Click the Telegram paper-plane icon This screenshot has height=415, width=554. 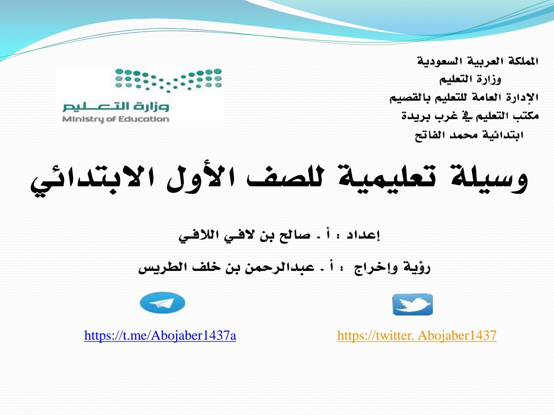[162, 303]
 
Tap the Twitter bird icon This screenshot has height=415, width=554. [412, 305]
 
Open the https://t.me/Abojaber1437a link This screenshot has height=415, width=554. [160, 335]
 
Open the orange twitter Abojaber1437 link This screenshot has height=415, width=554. [417, 335]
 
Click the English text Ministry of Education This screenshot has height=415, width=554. [115, 119]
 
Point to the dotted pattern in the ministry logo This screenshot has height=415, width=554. [169, 80]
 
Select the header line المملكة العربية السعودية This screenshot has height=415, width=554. [477, 61]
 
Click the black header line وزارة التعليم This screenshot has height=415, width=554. [470, 80]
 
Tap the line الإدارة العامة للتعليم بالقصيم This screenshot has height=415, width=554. [464, 98]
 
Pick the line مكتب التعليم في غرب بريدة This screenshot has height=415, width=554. [470, 116]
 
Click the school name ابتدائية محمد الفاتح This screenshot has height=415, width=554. [469, 135]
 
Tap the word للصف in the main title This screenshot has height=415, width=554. [285, 180]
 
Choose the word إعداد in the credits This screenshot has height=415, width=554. [363, 235]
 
